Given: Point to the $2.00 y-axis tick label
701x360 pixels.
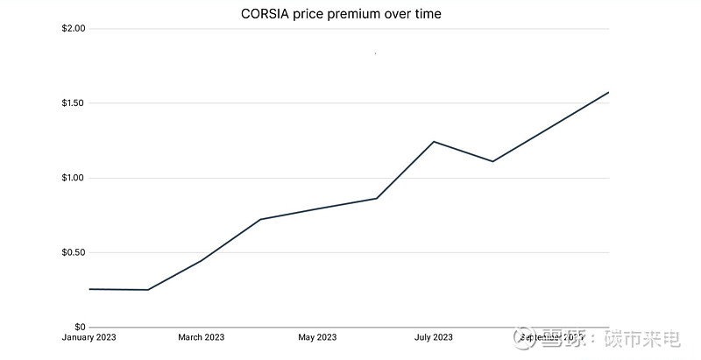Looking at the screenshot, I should pyautogui.click(x=73, y=29).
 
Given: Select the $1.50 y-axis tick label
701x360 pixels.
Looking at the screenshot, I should pyautogui.click(x=73, y=103).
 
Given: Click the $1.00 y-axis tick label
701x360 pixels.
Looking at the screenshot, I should pyautogui.click(x=73, y=178).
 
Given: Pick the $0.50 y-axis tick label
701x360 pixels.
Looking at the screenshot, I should pyautogui.click(x=73, y=253).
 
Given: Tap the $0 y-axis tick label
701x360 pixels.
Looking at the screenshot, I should pyautogui.click(x=80, y=328).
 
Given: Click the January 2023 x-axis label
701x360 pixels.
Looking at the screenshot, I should pyautogui.click(x=89, y=337).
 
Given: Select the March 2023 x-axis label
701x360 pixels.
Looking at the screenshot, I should pyautogui.click(x=202, y=337).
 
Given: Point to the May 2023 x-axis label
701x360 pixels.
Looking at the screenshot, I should pyautogui.click(x=317, y=337).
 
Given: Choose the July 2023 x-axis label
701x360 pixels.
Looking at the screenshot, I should pyautogui.click(x=434, y=337).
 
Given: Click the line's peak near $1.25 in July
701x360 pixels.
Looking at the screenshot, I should pyautogui.click(x=434, y=141).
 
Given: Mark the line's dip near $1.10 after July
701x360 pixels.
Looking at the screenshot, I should pyautogui.click(x=492, y=161).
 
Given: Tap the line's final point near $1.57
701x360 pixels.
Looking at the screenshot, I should pyautogui.click(x=608, y=92).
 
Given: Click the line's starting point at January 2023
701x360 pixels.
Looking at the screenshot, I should pyautogui.click(x=90, y=289).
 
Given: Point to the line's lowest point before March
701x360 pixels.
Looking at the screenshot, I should pyautogui.click(x=147, y=290).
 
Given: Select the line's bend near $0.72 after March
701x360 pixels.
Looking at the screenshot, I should pyautogui.click(x=260, y=219).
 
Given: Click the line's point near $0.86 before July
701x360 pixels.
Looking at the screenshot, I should pyautogui.click(x=377, y=198).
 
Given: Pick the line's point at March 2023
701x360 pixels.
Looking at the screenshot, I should pyautogui.click(x=202, y=260).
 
